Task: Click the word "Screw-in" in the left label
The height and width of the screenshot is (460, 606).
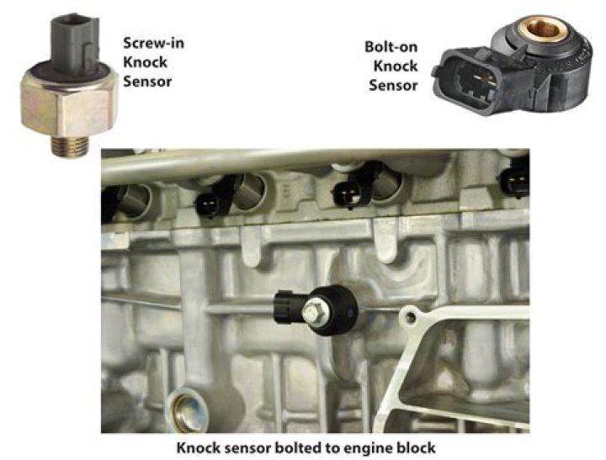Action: (x=153, y=43)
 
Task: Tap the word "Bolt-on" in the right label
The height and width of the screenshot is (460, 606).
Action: (x=391, y=47)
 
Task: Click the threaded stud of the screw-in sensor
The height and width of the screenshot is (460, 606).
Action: (x=71, y=146)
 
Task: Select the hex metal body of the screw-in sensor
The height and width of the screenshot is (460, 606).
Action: (x=69, y=102)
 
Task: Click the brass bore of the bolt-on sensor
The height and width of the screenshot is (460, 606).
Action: (x=545, y=29)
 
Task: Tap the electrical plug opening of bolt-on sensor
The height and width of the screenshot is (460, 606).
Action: (x=473, y=82)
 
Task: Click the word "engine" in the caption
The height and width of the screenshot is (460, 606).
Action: (x=368, y=448)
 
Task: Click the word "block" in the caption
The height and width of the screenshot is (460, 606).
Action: (x=417, y=447)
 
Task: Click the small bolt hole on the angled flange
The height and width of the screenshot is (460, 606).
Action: (x=411, y=318)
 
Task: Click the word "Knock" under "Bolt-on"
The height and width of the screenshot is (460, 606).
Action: (x=396, y=66)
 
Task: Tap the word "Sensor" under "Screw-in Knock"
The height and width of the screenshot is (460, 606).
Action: (x=147, y=82)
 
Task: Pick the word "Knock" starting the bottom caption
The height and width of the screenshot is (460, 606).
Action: (x=198, y=447)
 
